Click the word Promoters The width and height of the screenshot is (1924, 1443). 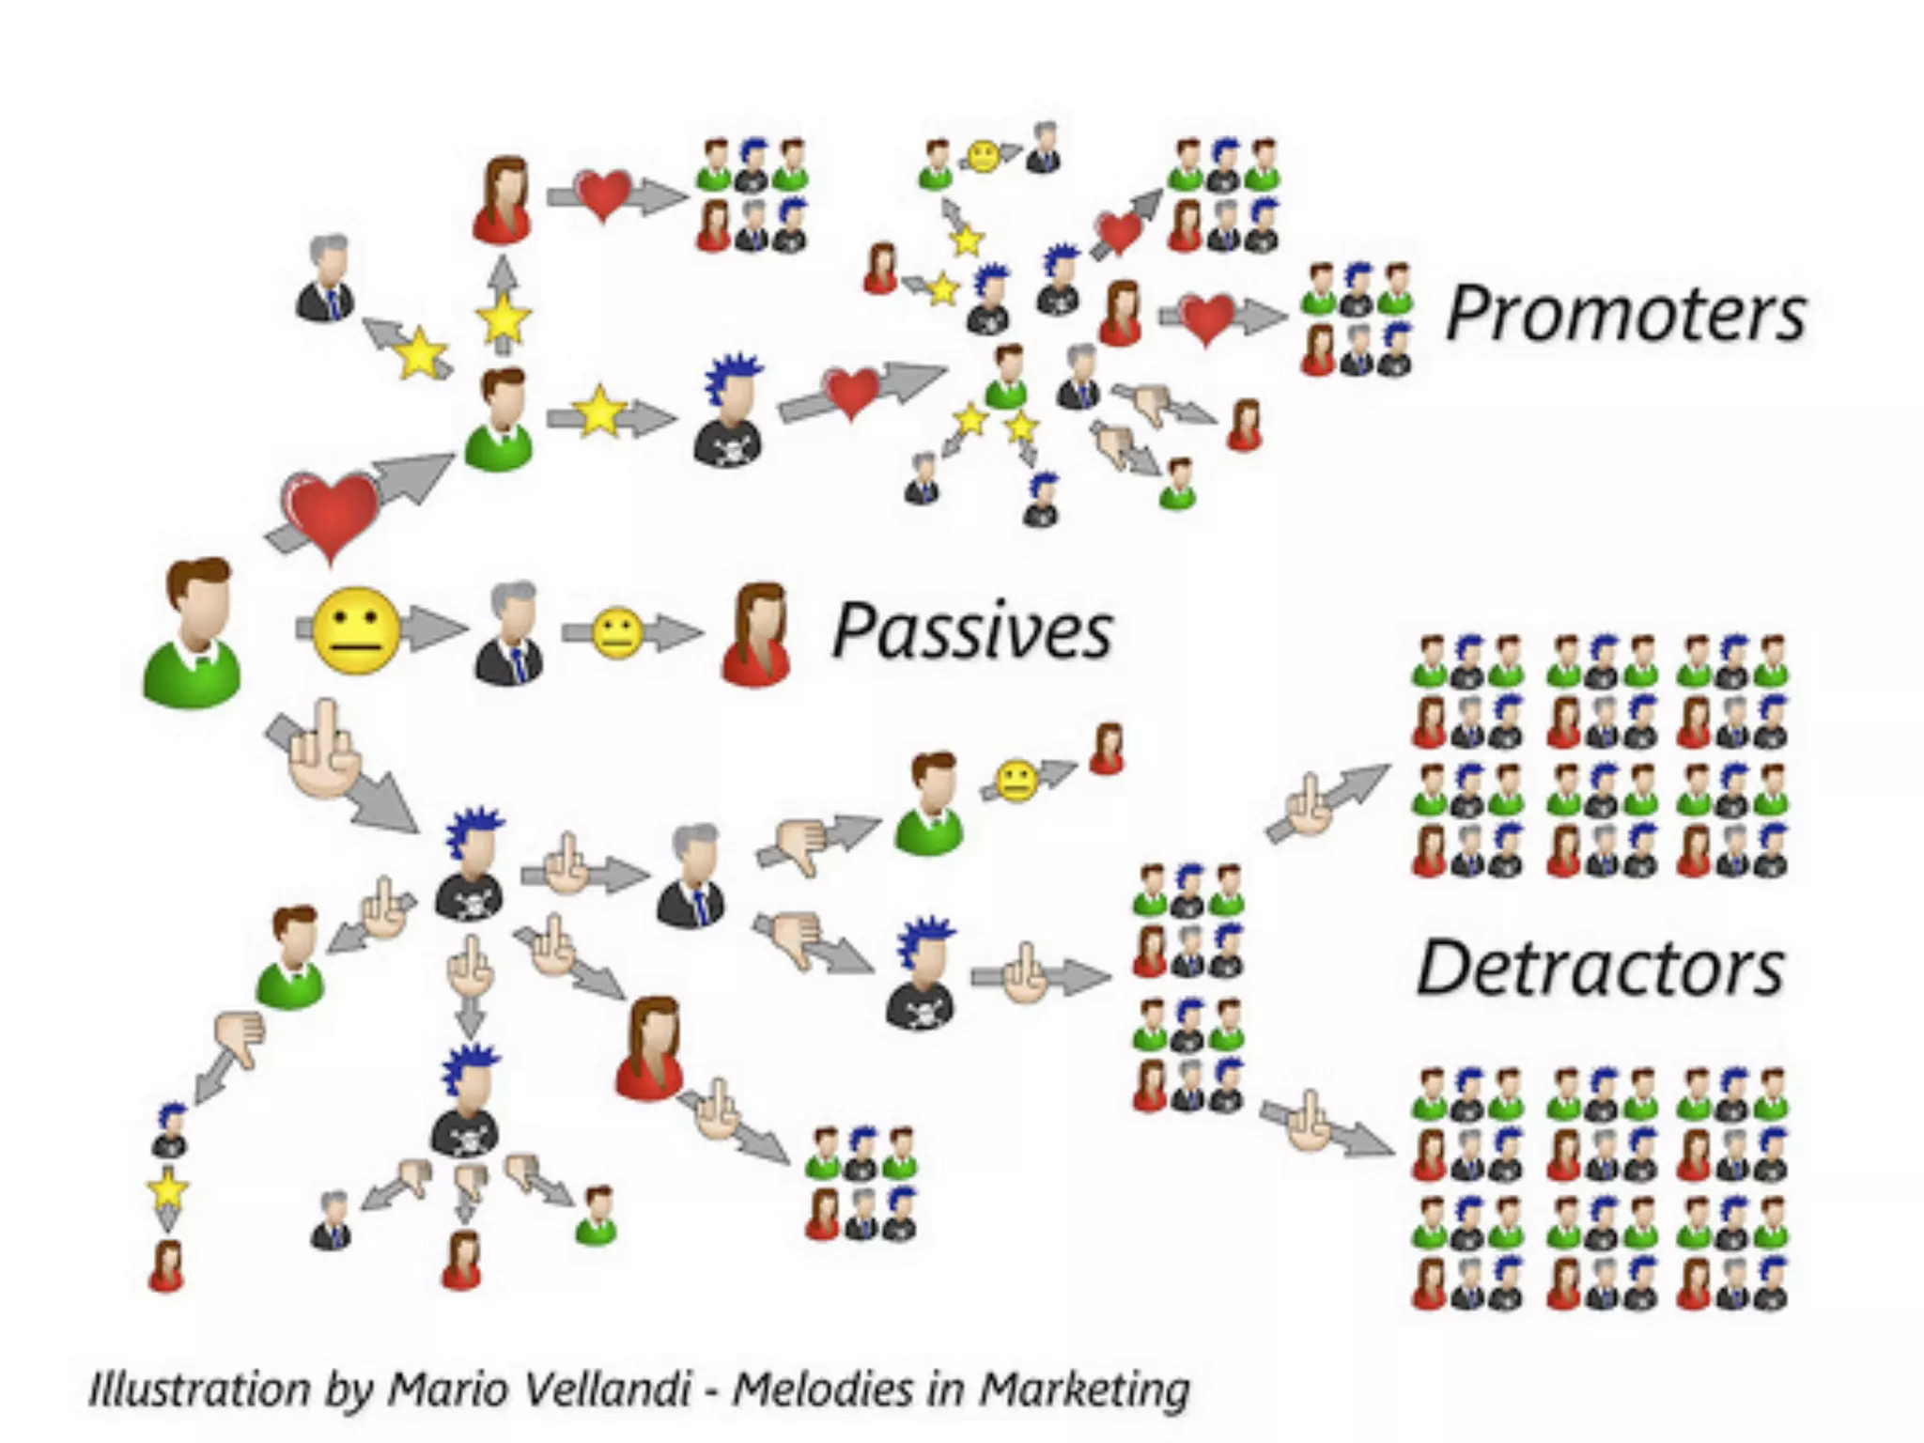pos(1625,313)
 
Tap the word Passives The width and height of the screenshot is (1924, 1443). pos(972,631)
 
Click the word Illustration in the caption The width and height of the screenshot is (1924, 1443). pos(198,1389)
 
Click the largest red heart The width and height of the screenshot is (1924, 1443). pos(331,512)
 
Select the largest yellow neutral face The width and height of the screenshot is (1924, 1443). pos(355,629)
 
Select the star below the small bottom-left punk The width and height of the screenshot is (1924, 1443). pos(167,1189)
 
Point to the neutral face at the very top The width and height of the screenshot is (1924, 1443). pos(984,156)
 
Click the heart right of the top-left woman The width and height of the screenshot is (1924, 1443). pos(603,194)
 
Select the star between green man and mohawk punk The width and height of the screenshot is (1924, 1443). pos(599,411)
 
